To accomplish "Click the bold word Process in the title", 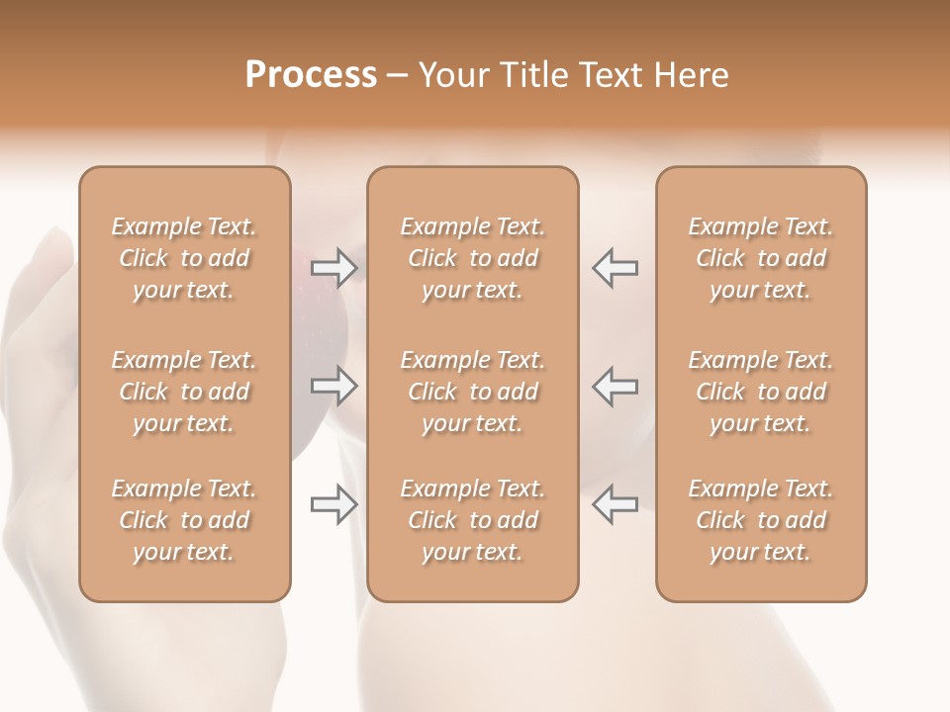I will pos(311,75).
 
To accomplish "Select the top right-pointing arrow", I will pos(334,267).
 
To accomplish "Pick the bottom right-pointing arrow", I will pos(334,504).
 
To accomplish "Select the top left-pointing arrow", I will pos(615,267).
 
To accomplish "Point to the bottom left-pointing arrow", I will pos(615,504).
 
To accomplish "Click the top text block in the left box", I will pos(184,258).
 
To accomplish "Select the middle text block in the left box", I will pos(184,392).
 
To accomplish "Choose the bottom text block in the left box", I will pos(184,520).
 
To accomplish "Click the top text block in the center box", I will pos(473,258).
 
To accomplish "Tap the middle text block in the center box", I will pos(473,392).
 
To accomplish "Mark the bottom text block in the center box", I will pos(473,520).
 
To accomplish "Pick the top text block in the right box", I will pos(761,258).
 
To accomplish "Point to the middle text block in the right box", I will pos(761,392).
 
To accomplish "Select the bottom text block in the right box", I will pos(761,520).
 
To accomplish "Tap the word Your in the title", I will pos(451,75).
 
